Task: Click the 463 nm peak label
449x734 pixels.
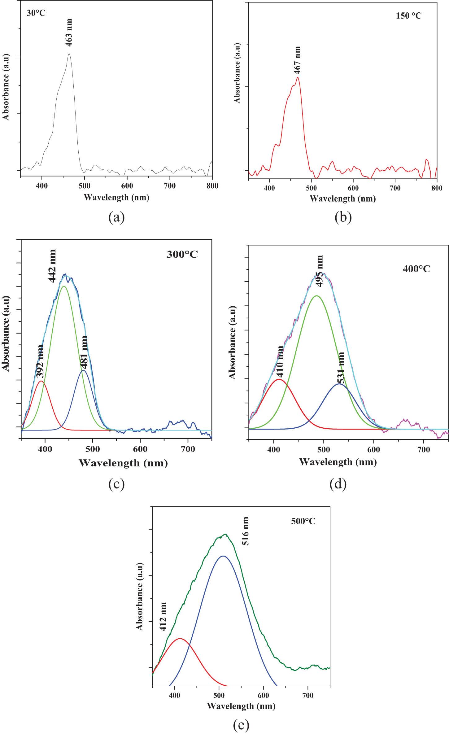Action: coord(69,33)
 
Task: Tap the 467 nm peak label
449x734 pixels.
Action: coord(297,60)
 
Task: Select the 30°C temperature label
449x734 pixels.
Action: coord(36,13)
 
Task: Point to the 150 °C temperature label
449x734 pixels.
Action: coord(408,16)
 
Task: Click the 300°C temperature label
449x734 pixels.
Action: coord(182,255)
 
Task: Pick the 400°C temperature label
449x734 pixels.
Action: coord(416,269)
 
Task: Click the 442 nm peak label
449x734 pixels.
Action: coord(53,266)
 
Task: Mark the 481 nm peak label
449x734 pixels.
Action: coord(84,352)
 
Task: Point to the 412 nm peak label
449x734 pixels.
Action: coord(163,617)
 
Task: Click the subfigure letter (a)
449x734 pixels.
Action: coord(116,217)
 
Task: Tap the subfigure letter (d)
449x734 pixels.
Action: coord(338,484)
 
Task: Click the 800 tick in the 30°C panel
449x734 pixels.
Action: coord(212,186)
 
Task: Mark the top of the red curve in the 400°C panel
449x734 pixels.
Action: coord(279,379)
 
